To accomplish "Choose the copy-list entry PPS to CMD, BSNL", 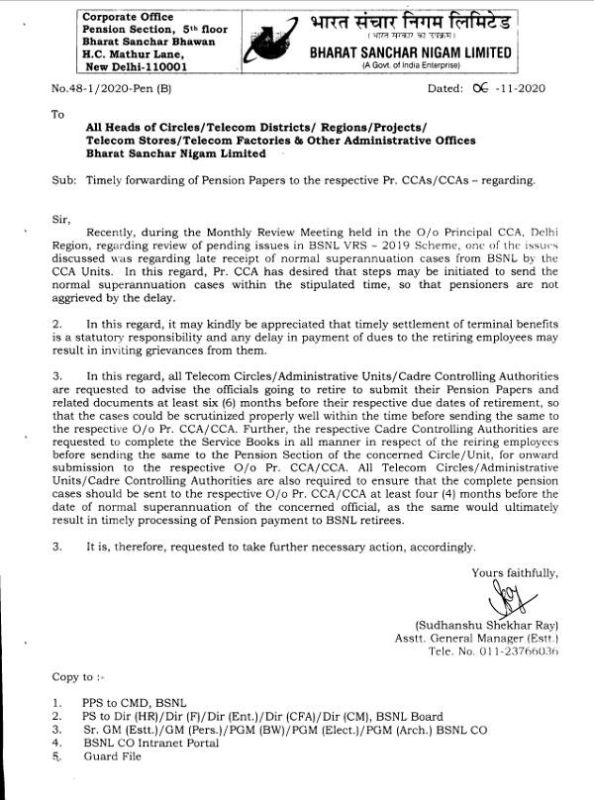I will (135, 702).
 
